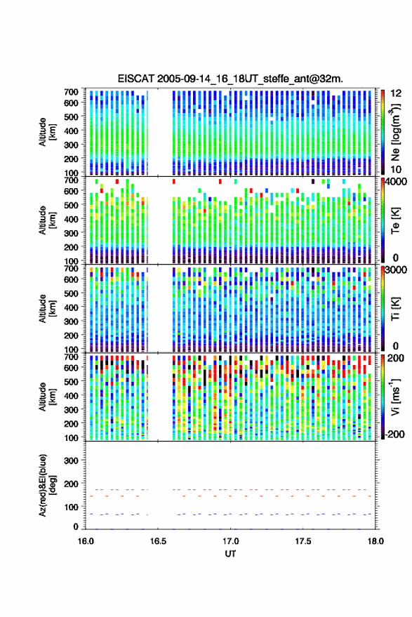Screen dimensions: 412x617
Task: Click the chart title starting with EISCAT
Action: [x=230, y=79]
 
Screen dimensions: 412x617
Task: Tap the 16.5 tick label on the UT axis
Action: [x=158, y=541]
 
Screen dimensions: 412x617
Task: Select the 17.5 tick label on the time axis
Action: [x=303, y=541]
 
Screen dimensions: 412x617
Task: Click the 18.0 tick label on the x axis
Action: [x=376, y=541]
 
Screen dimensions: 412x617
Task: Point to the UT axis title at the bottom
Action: [x=230, y=554]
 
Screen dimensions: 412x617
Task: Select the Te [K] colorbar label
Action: [x=394, y=220]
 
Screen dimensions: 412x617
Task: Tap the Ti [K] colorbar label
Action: [x=394, y=309]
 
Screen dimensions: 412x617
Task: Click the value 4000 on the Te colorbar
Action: [x=396, y=183]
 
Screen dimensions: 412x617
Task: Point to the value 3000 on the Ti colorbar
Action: [x=396, y=270]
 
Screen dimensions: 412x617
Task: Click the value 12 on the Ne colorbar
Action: [x=396, y=93]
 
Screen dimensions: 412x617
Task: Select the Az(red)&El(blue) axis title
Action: [x=47, y=485]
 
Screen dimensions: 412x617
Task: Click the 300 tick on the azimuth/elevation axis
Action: [x=71, y=460]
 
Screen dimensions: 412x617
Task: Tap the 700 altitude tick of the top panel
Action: [x=71, y=92]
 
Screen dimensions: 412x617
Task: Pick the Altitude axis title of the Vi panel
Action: [x=47, y=397]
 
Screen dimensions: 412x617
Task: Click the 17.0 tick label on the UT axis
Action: [x=230, y=541]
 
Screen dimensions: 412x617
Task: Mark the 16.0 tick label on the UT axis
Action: [x=86, y=541]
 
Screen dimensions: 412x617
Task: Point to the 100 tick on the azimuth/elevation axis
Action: [x=71, y=507]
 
